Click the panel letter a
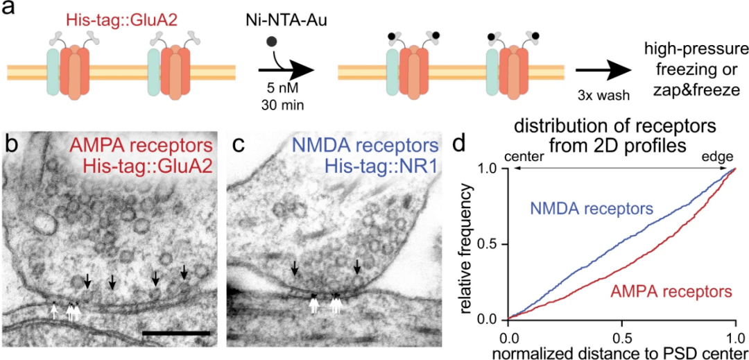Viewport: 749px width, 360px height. [10, 10]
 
